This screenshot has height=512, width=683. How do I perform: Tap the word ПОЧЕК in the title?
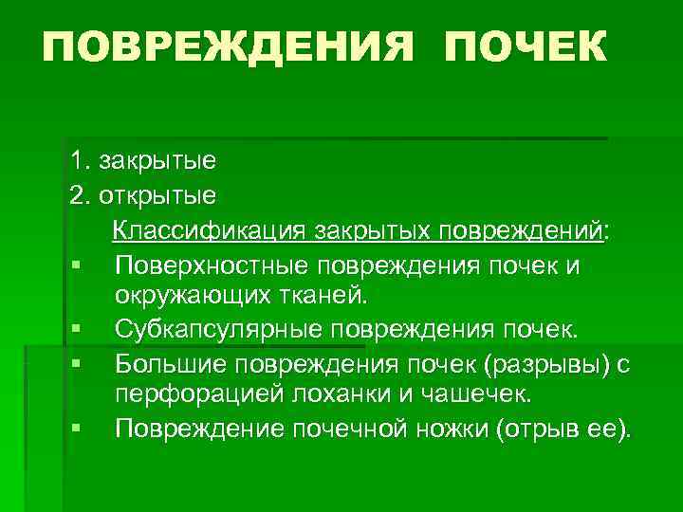click(523, 46)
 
